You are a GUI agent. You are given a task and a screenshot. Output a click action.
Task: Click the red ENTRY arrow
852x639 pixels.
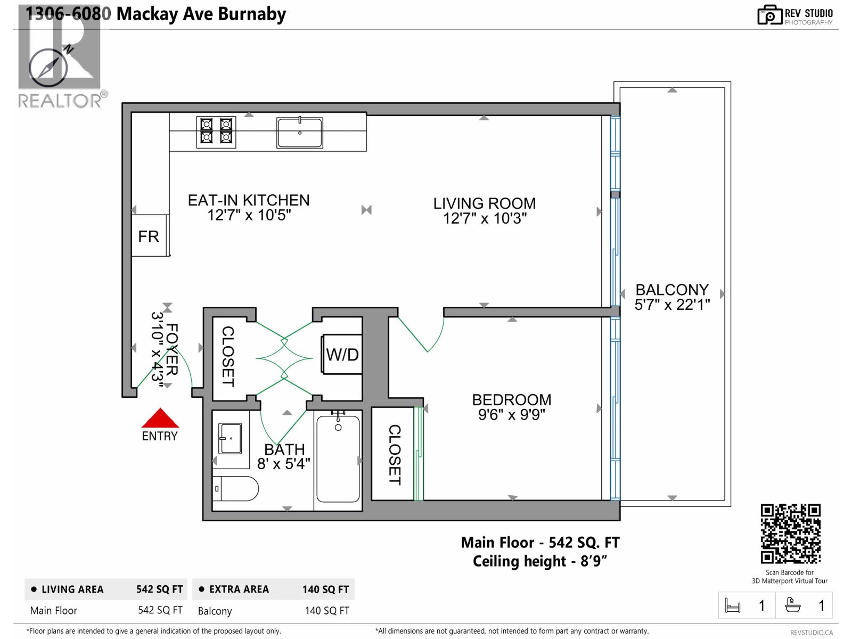point(160,419)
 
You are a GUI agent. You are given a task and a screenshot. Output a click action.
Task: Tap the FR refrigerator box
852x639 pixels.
point(149,236)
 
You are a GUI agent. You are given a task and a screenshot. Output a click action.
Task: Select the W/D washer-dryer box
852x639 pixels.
point(342,354)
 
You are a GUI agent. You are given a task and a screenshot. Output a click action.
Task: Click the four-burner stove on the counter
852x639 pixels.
point(216,132)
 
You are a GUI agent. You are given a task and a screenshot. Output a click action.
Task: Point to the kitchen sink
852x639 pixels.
point(299,133)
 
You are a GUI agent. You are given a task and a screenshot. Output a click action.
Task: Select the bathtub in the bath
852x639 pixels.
point(338,459)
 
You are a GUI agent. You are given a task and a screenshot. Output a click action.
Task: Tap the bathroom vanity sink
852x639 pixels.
point(231,439)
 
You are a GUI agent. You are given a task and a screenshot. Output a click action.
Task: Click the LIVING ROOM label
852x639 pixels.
point(484,203)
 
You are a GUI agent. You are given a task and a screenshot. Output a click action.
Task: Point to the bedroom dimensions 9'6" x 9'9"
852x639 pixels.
point(511,415)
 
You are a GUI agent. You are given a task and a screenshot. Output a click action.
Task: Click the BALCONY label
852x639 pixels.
point(672,290)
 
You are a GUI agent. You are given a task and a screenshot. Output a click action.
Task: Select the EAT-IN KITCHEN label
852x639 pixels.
point(249,200)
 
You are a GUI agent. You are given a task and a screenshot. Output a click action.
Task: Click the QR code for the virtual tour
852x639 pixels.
point(790,534)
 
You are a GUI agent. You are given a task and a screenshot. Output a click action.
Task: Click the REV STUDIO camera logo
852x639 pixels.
point(769,15)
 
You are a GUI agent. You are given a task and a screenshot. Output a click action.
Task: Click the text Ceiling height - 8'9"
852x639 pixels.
point(539,561)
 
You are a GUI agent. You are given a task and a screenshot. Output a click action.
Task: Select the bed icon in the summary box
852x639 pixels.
point(733,606)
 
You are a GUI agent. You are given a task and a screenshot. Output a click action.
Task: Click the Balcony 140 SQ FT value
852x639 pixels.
point(326,611)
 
